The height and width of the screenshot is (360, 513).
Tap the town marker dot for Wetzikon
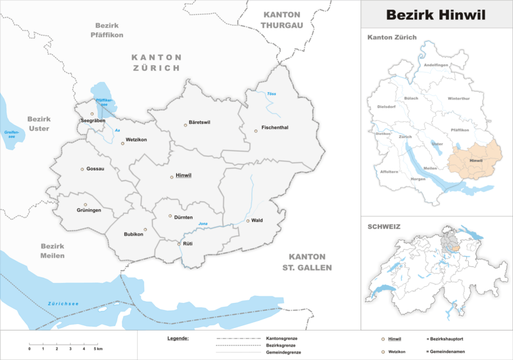(x=122, y=143)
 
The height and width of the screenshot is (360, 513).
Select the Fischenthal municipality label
(x=274, y=128)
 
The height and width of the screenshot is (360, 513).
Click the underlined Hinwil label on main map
(x=184, y=176)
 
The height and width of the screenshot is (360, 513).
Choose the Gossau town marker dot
(x=82, y=169)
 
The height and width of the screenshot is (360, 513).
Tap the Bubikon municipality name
(x=133, y=234)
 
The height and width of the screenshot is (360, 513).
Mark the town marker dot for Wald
(x=248, y=221)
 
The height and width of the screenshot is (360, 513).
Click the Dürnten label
(x=183, y=218)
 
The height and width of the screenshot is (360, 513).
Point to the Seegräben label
(x=93, y=121)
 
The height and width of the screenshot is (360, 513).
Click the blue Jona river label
(x=204, y=223)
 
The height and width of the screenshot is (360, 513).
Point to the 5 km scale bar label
(x=98, y=348)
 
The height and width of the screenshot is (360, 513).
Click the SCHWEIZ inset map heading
(x=384, y=227)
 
